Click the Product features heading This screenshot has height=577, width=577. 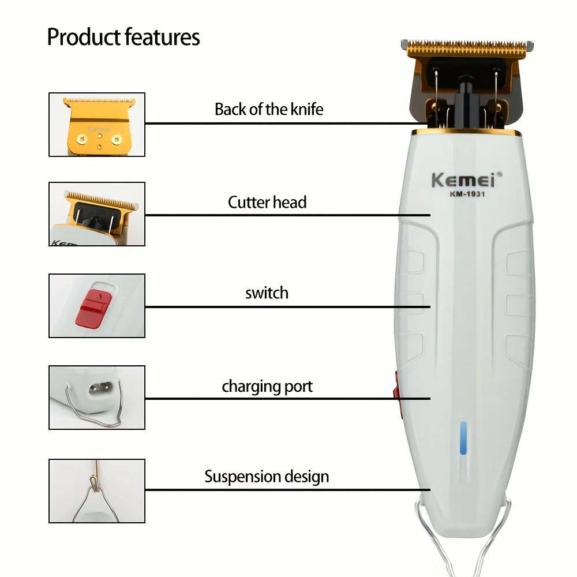123,37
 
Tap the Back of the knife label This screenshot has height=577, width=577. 269,109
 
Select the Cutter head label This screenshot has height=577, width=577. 267,203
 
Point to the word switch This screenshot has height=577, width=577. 267,293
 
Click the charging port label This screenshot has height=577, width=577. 267,386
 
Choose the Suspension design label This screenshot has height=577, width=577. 267,477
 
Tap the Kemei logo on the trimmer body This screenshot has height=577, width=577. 463,179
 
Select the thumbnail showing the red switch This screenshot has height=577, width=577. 97,305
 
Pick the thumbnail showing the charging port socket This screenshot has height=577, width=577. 97,397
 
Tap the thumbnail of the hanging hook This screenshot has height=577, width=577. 97,490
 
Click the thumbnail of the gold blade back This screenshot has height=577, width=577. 97,124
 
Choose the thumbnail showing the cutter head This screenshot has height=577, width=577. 97,214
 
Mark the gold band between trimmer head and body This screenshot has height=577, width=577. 466,132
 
